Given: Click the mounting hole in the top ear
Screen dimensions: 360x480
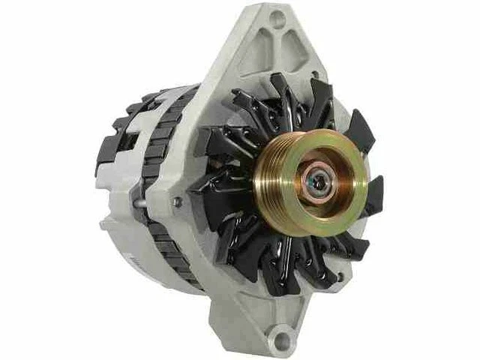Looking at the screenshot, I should click(x=278, y=19).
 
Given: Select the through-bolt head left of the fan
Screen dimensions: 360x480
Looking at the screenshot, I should click(x=178, y=201).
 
